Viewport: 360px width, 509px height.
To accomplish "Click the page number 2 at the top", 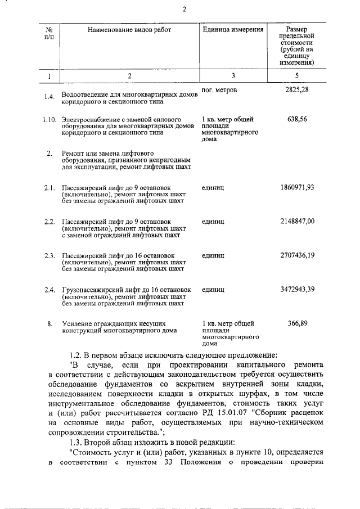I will (184, 9).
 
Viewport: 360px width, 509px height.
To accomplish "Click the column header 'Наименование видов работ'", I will (129, 30).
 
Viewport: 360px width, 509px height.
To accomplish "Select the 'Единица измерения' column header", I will (232, 30).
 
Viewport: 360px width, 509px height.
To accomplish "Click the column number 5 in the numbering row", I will (297, 75).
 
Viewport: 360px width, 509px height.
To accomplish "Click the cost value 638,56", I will (297, 120).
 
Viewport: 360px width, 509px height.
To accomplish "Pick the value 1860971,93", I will (297, 187).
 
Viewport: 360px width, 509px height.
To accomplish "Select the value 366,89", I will (297, 323).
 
